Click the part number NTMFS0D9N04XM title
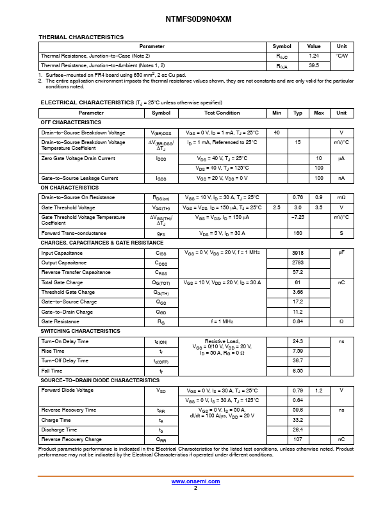coord(195,19)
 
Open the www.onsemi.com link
coord(195,481)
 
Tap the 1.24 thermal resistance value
coord(314,56)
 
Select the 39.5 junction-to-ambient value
coord(314,65)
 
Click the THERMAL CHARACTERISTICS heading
coord(81,37)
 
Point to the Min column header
coord(277,113)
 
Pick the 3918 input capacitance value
coord(298,253)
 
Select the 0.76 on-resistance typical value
coord(298,197)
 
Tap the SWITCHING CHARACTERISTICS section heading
coord(80,331)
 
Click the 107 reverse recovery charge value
coord(298,439)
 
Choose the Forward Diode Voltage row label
coord(67,390)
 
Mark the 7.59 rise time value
coord(298,351)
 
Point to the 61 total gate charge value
coord(298,282)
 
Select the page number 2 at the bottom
coord(195,488)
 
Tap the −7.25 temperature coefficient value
coord(298,217)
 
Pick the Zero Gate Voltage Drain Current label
coord(78,157)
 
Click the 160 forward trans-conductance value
coord(298,233)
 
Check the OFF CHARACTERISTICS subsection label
coord(71,122)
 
